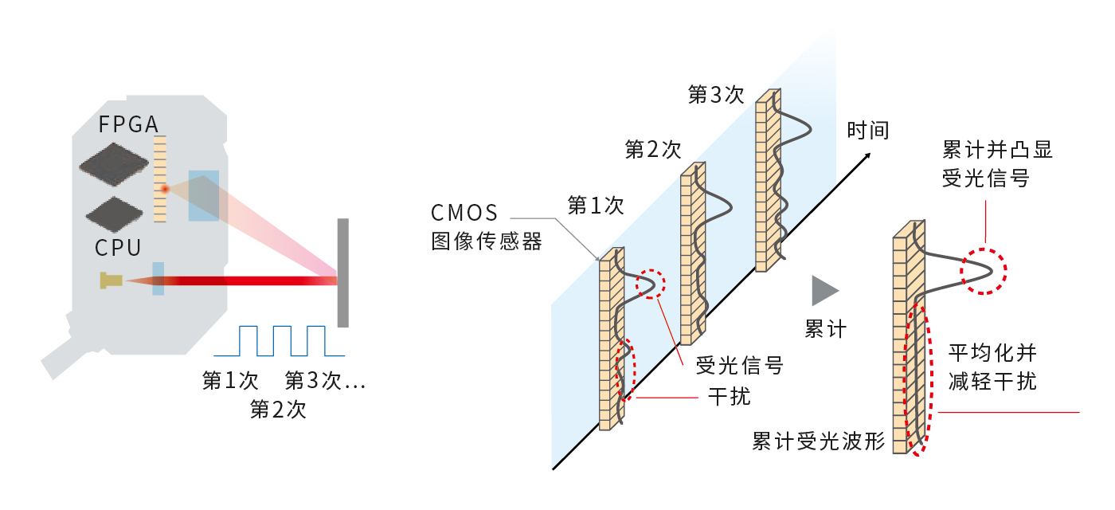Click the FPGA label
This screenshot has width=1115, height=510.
click(x=128, y=124)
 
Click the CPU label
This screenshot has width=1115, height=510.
click(x=118, y=248)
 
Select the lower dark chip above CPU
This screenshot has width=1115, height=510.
click(x=115, y=214)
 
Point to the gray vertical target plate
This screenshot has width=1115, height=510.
click(x=342, y=273)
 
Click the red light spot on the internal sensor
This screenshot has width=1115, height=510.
click(x=165, y=190)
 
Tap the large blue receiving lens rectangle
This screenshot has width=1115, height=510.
click(x=204, y=195)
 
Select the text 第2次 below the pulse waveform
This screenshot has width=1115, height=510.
click(x=278, y=410)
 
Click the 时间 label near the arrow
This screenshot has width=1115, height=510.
click(x=868, y=130)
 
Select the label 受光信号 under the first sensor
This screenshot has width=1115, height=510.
click(x=740, y=365)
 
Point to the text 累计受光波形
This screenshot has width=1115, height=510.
click(x=818, y=441)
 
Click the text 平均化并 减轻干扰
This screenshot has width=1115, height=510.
click(x=992, y=367)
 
